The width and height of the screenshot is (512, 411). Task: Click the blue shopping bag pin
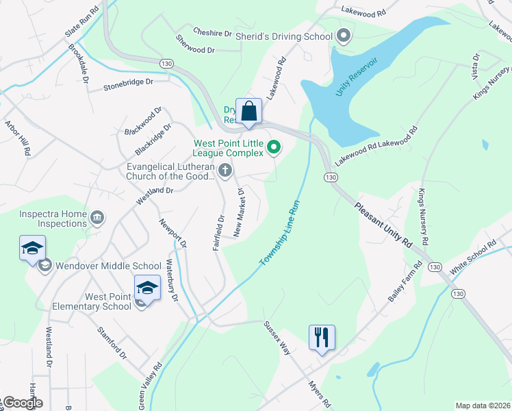click(x=249, y=111)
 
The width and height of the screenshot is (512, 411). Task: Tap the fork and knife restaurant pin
click(x=322, y=337)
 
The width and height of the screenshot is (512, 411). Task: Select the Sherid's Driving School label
click(x=283, y=36)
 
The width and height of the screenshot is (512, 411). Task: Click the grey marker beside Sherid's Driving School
click(x=344, y=36)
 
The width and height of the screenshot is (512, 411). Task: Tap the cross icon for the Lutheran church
click(x=225, y=169)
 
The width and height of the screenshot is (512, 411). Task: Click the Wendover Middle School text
click(x=109, y=266)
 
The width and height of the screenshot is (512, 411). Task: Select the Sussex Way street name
click(x=277, y=338)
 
